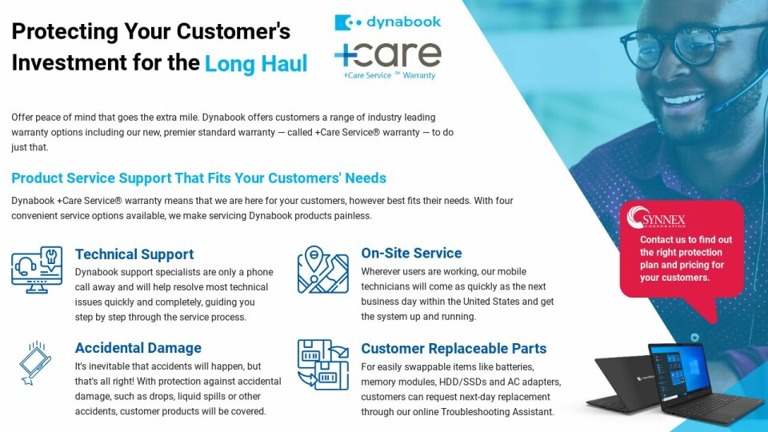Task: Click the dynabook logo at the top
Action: tap(387, 22)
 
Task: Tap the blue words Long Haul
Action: tap(256, 64)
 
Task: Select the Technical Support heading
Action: tap(134, 254)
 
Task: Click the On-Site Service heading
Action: tap(411, 253)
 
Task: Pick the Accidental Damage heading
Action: tap(138, 348)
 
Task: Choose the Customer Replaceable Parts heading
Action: tap(454, 348)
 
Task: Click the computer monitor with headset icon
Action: tap(37, 270)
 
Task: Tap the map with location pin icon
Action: tap(322, 270)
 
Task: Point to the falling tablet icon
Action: tap(35, 363)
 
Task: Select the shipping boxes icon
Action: tap(322, 365)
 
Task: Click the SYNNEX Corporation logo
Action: tap(656, 217)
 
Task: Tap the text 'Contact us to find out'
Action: tap(686, 239)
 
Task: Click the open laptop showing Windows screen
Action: tap(706, 382)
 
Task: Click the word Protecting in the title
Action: tap(65, 32)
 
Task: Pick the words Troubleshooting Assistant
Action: tap(498, 412)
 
